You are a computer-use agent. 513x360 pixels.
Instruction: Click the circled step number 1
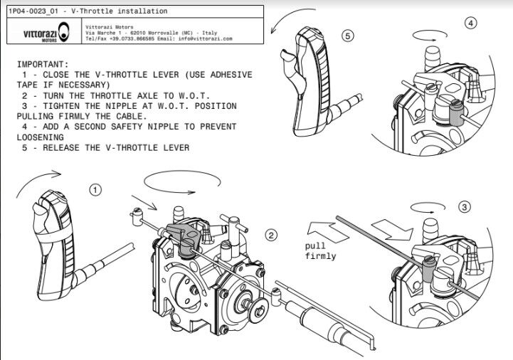pos(96,190)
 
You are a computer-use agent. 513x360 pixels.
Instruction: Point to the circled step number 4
pos(470,23)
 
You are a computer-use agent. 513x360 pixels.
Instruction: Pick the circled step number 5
pos(347,36)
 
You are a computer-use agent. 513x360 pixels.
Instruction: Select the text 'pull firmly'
pos(319,250)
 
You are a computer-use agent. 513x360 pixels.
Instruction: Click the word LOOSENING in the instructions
pos(40,137)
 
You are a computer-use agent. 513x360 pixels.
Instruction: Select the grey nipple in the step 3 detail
pos(428,270)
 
